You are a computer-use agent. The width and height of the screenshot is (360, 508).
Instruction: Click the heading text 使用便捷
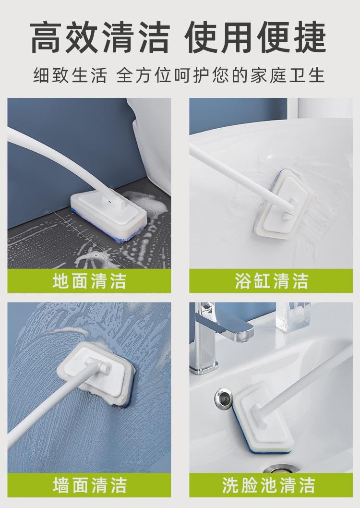[257, 37]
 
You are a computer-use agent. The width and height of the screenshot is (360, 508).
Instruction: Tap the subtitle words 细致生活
[70, 76]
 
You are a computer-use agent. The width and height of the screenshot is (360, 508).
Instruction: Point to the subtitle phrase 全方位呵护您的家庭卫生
[221, 76]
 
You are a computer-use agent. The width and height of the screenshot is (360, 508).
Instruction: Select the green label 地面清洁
[89, 281]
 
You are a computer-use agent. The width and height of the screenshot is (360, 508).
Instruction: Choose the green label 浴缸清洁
[271, 281]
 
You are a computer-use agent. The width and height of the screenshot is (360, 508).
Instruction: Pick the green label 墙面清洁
[89, 485]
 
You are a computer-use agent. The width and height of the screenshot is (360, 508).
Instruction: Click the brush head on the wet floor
[108, 211]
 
